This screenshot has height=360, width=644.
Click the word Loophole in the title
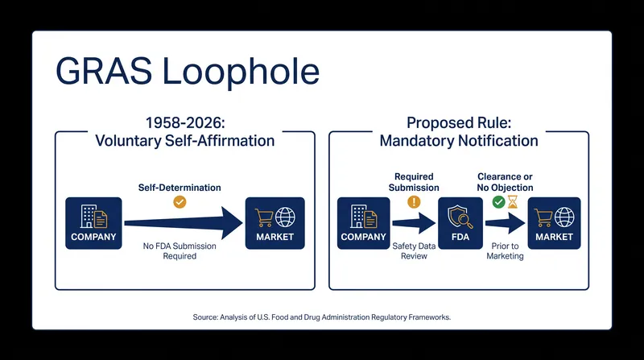point(241,72)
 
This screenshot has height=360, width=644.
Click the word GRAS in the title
point(104,72)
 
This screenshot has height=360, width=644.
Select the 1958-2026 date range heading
point(185,123)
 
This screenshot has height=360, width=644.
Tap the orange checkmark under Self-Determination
point(180,202)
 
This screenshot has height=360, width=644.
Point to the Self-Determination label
point(180,188)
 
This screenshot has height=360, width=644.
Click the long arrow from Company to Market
point(184,223)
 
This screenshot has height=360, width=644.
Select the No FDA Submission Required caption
point(180,250)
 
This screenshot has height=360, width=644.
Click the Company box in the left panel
point(93,223)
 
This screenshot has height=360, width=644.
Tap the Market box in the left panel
point(275,223)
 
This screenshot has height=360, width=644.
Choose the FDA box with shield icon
point(460,223)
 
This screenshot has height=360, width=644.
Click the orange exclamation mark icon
point(414,202)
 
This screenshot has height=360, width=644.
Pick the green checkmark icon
point(498,202)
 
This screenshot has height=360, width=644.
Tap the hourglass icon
point(513,202)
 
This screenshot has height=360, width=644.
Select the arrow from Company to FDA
point(414,223)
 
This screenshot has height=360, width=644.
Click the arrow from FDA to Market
point(506,223)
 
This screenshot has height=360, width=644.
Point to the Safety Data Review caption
point(414,250)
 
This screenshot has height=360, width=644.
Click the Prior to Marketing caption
point(506,250)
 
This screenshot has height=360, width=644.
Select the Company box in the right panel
point(364,223)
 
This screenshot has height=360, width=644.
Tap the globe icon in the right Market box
point(564,217)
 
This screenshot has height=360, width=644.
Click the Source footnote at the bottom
point(321,317)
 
